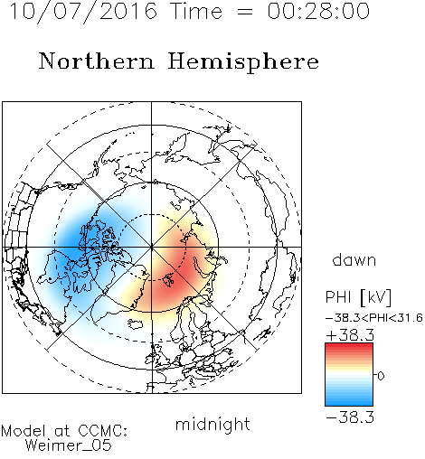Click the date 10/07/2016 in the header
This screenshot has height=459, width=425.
pos(83,11)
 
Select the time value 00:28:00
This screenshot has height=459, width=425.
pos(318,11)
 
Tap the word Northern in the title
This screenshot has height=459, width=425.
pos(97,61)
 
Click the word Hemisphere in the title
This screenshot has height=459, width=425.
pos(243,61)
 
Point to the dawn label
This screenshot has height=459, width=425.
pos(354,259)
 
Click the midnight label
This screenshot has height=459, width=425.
pos(212,425)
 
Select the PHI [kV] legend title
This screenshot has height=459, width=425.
pos(358,297)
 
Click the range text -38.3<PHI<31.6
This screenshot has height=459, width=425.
pos(374,318)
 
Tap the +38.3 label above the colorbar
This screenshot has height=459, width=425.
pos(350,335)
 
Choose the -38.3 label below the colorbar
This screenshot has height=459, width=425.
pos(350,417)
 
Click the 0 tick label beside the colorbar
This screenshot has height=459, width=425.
pos(381,376)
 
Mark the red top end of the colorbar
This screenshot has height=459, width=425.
pos(349,345)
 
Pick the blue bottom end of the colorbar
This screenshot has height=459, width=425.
pos(349,403)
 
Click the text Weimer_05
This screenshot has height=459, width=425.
pos(69,445)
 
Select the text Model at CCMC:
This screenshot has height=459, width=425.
pos(64,431)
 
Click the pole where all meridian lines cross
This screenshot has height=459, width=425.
pos(152,247)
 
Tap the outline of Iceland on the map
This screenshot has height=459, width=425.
pos(135,324)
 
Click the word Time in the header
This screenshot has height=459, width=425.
pos(196,11)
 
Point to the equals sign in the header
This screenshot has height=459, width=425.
pos(245,12)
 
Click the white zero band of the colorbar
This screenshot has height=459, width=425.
pos(349,375)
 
